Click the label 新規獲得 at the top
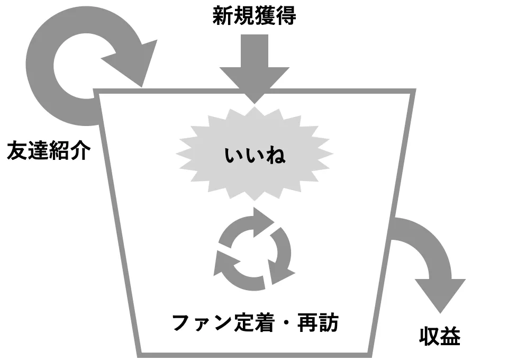[x=254, y=16]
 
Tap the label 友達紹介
[x=49, y=150]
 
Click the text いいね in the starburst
[x=255, y=155]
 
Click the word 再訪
[x=318, y=322]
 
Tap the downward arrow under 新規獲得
[x=255, y=69]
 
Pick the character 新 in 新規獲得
[x=223, y=16]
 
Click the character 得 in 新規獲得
[x=286, y=16]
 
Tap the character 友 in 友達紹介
[x=17, y=150]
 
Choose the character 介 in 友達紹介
[x=80, y=150]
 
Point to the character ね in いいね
[x=275, y=155]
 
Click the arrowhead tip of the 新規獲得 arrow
[x=255, y=104]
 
